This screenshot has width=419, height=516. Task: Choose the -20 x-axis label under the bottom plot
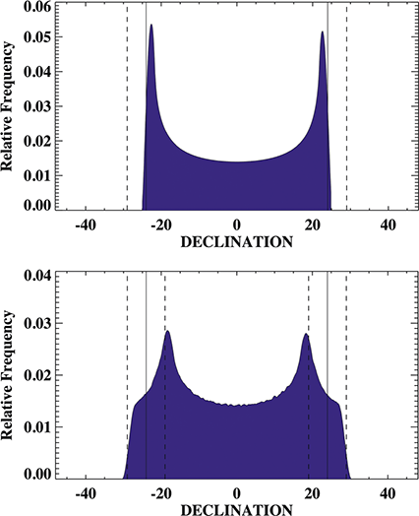[x=160, y=493]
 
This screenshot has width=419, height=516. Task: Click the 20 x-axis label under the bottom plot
[x=313, y=493]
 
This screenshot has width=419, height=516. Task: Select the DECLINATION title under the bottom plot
[x=237, y=509]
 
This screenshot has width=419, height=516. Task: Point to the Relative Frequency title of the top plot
[x=11, y=105]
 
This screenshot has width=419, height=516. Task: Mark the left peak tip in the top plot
[x=151, y=26]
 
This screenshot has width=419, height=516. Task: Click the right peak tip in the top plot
[x=322, y=32]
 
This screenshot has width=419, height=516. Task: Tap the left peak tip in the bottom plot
[x=168, y=331]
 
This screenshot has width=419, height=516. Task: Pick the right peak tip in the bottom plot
[x=306, y=335]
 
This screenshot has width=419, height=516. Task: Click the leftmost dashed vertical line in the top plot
[x=127, y=108]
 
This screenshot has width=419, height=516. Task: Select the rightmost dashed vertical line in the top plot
[x=346, y=108]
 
